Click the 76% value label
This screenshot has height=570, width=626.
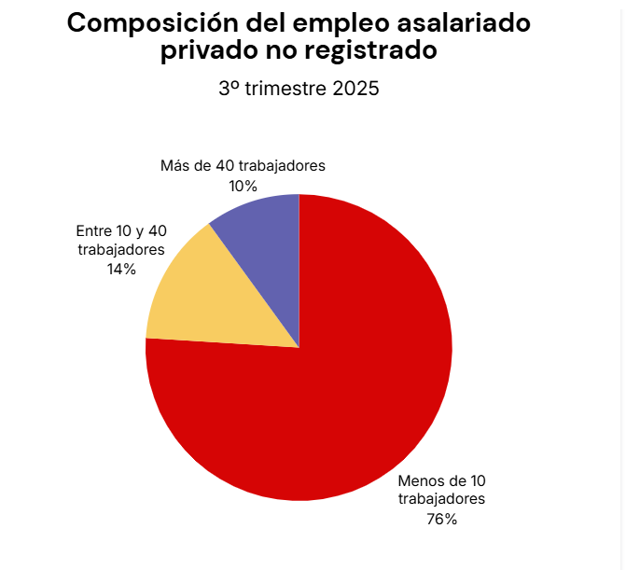click(441, 519)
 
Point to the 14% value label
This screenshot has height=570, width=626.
click(121, 269)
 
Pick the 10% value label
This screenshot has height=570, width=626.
click(243, 186)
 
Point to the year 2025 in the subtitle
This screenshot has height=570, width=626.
click(355, 90)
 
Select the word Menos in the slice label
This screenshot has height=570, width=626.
click(420, 481)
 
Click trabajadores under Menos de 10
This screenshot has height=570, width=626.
click(442, 499)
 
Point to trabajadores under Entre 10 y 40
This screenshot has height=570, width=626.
click(121, 249)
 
